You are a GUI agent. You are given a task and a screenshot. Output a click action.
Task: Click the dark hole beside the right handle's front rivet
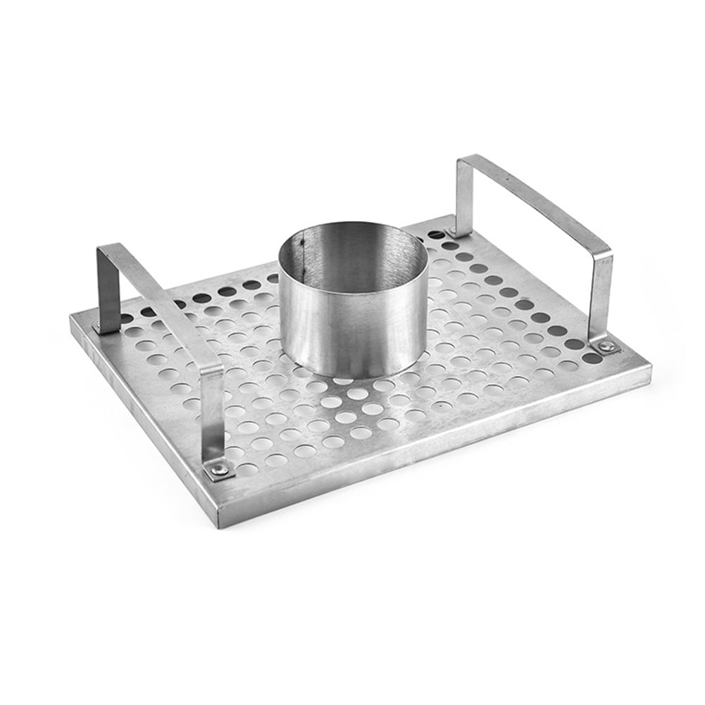(590, 358)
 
